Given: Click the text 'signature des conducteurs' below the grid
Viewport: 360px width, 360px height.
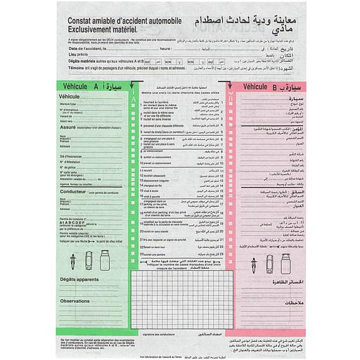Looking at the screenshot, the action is point(164,335).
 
